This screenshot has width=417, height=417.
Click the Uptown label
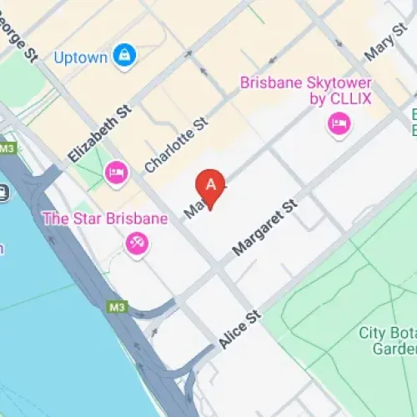[80, 58]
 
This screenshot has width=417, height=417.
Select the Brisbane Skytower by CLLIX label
[306, 91]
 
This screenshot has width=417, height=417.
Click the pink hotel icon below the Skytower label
[339, 125]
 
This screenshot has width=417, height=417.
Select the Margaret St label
[265, 227]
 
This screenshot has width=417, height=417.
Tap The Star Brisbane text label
[106, 219]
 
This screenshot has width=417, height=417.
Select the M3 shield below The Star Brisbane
[117, 307]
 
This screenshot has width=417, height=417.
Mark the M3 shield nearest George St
[8, 148]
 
